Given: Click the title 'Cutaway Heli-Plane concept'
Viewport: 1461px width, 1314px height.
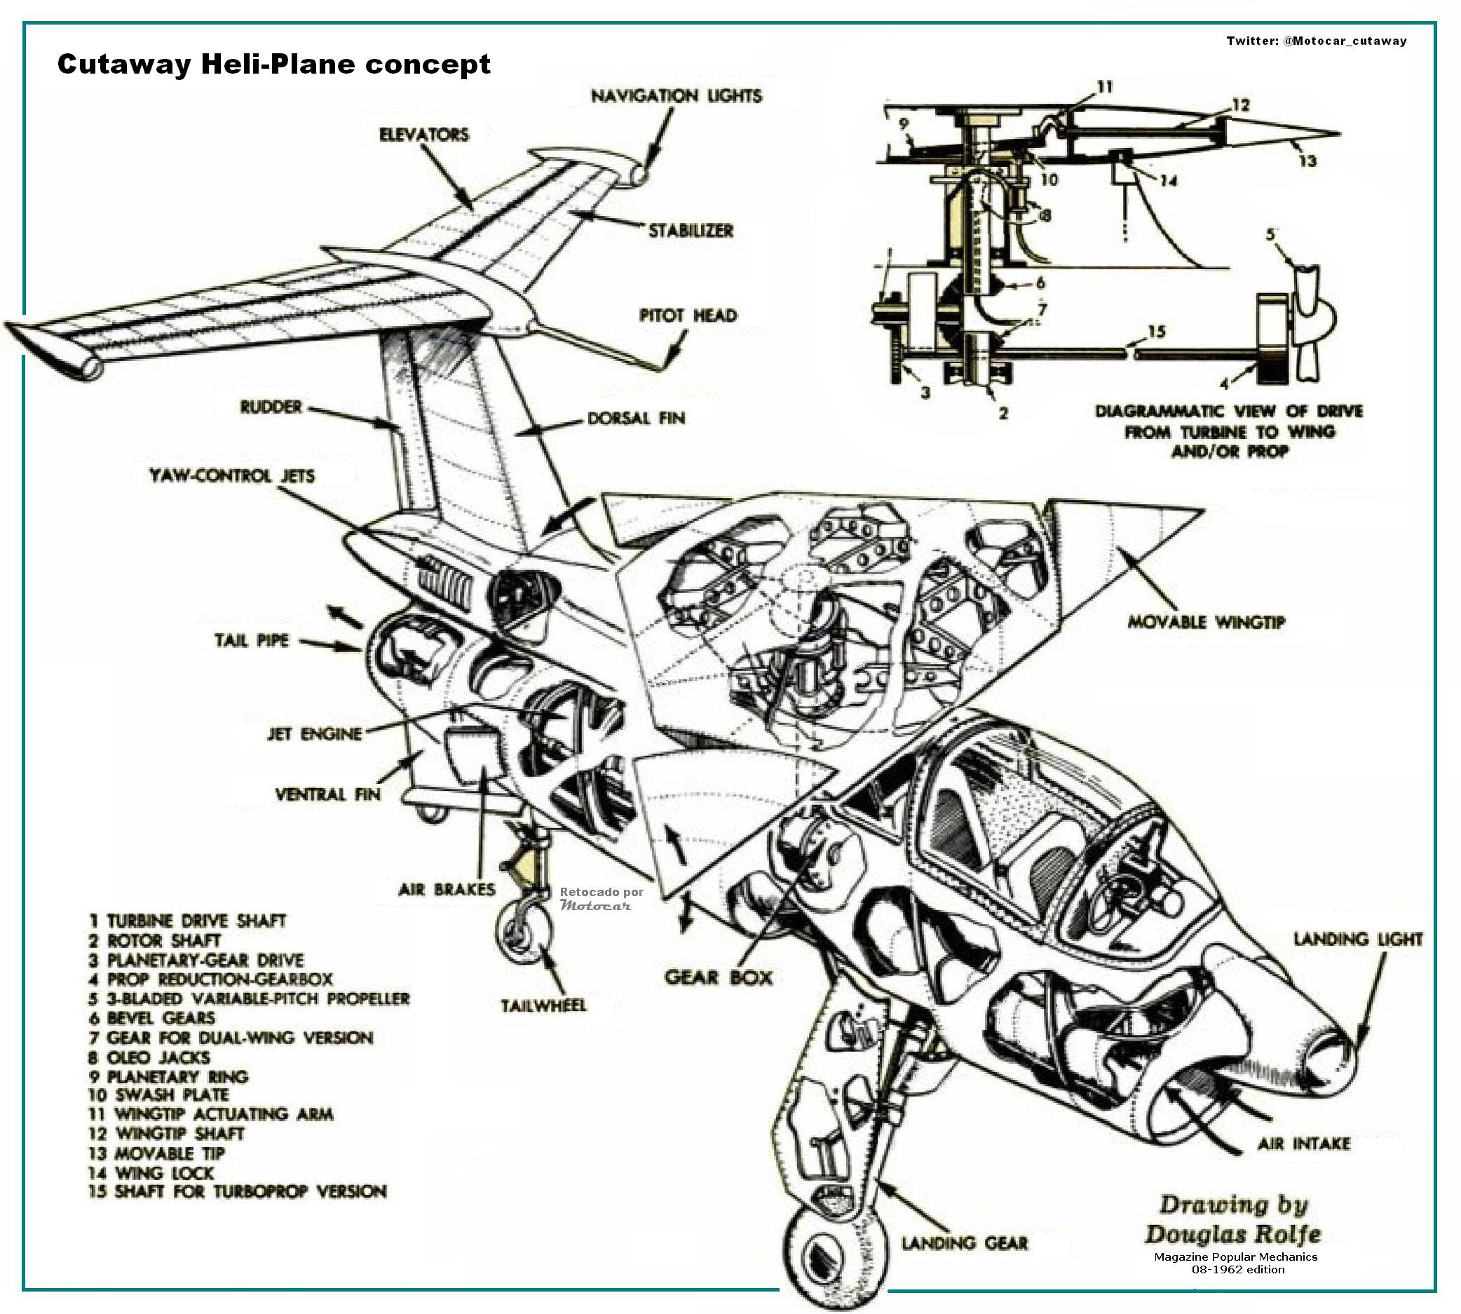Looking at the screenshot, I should pyautogui.click(x=273, y=65).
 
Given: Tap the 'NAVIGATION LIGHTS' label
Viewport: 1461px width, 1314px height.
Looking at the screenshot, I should pyautogui.click(x=677, y=96).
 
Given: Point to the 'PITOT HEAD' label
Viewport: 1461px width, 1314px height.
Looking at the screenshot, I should pyautogui.click(x=688, y=316).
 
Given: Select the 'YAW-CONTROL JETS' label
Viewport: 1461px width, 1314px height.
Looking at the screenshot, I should pyautogui.click(x=232, y=476).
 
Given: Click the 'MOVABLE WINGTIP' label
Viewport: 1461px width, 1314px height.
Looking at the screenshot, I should pyautogui.click(x=1207, y=623).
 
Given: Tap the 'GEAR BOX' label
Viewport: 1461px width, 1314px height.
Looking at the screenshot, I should pyautogui.click(x=718, y=977).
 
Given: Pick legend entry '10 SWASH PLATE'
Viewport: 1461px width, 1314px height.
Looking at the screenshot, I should pyautogui.click(x=158, y=1095).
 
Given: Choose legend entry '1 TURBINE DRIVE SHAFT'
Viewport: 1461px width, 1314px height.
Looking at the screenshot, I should pyautogui.click(x=188, y=921).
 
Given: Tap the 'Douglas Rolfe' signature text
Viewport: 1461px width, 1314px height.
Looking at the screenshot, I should pyautogui.click(x=1232, y=1234).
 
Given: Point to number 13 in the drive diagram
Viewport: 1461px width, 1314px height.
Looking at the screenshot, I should pyautogui.click(x=1307, y=161).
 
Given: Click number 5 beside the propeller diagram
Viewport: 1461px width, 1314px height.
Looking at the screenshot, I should pyautogui.click(x=1270, y=236).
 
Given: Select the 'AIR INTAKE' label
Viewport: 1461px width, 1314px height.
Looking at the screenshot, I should pyautogui.click(x=1304, y=1144).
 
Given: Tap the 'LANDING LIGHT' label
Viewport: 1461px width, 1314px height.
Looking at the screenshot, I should pyautogui.click(x=1358, y=940).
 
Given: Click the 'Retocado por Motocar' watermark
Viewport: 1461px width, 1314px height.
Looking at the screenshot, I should pyautogui.click(x=601, y=898).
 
